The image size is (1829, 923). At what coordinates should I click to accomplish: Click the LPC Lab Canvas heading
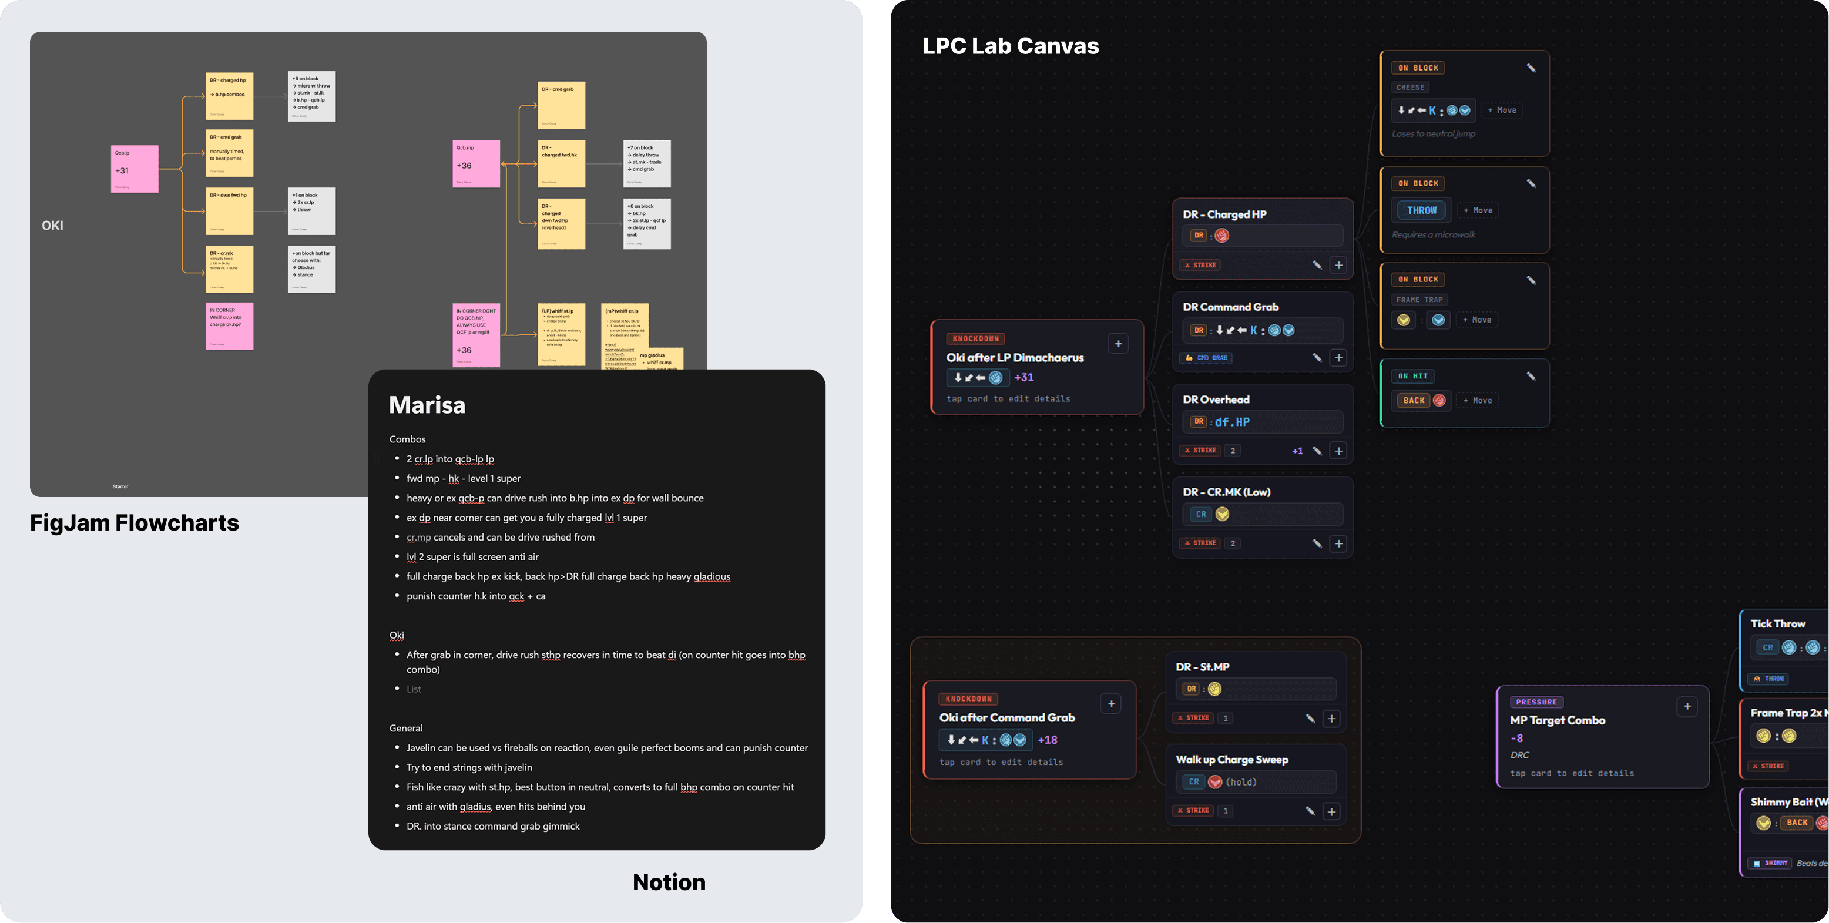click(x=1011, y=46)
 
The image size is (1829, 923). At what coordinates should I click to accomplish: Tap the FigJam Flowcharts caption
click(x=134, y=522)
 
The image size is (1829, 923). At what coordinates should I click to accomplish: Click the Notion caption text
click(x=669, y=882)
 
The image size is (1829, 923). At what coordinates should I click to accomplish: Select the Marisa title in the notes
click(x=427, y=405)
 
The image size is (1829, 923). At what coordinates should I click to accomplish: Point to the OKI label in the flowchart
click(x=52, y=226)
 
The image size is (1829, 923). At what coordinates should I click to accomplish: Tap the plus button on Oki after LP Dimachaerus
click(x=1118, y=344)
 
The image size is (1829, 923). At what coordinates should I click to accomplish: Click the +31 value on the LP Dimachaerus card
click(x=1024, y=378)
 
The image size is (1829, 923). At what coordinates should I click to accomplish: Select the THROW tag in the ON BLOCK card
click(x=1421, y=210)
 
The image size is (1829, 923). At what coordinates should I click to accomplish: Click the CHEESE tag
click(x=1410, y=88)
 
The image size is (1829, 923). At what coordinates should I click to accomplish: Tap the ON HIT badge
click(x=1413, y=376)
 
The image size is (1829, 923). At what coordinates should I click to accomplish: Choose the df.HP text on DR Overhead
click(x=1232, y=422)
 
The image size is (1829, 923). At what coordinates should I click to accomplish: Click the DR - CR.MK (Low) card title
click(x=1226, y=492)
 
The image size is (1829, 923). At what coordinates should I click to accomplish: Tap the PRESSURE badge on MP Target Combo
click(x=1536, y=702)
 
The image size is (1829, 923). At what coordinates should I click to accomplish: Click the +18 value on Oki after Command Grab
click(x=1047, y=740)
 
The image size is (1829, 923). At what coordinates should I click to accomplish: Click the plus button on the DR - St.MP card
click(x=1331, y=719)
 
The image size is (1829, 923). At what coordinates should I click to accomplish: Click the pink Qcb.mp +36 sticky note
click(x=476, y=164)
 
